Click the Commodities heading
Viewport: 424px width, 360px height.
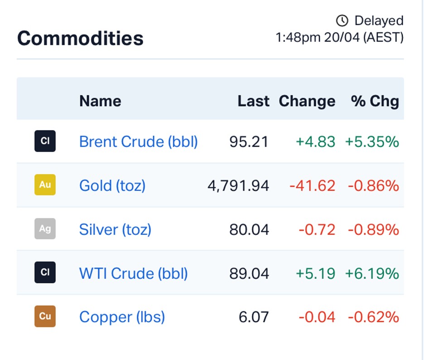click(x=80, y=38)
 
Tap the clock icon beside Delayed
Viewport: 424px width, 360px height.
click(x=342, y=20)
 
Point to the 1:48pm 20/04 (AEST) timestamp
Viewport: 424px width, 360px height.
click(x=339, y=37)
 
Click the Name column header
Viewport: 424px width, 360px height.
click(x=100, y=101)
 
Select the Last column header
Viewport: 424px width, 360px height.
click(x=253, y=101)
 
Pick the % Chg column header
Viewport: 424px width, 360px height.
click(x=375, y=102)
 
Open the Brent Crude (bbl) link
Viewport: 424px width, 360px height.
click(x=139, y=141)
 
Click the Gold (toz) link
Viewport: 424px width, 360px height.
click(x=112, y=186)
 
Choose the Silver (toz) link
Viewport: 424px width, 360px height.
click(x=115, y=229)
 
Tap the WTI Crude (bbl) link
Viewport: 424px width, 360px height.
click(x=133, y=273)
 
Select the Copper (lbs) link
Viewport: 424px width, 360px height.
click(x=122, y=317)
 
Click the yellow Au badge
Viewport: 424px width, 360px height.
click(x=45, y=185)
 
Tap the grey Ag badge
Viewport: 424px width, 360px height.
click(x=45, y=229)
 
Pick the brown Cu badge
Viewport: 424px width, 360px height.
click(x=45, y=316)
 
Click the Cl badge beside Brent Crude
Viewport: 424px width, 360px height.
click(x=45, y=141)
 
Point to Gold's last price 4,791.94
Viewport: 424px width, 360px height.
click(x=238, y=186)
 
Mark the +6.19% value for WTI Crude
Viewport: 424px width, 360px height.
click(x=372, y=273)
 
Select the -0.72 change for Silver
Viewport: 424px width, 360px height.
click(x=317, y=230)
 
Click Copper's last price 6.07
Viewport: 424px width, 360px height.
click(x=254, y=317)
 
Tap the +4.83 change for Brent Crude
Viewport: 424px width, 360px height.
click(x=316, y=142)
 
